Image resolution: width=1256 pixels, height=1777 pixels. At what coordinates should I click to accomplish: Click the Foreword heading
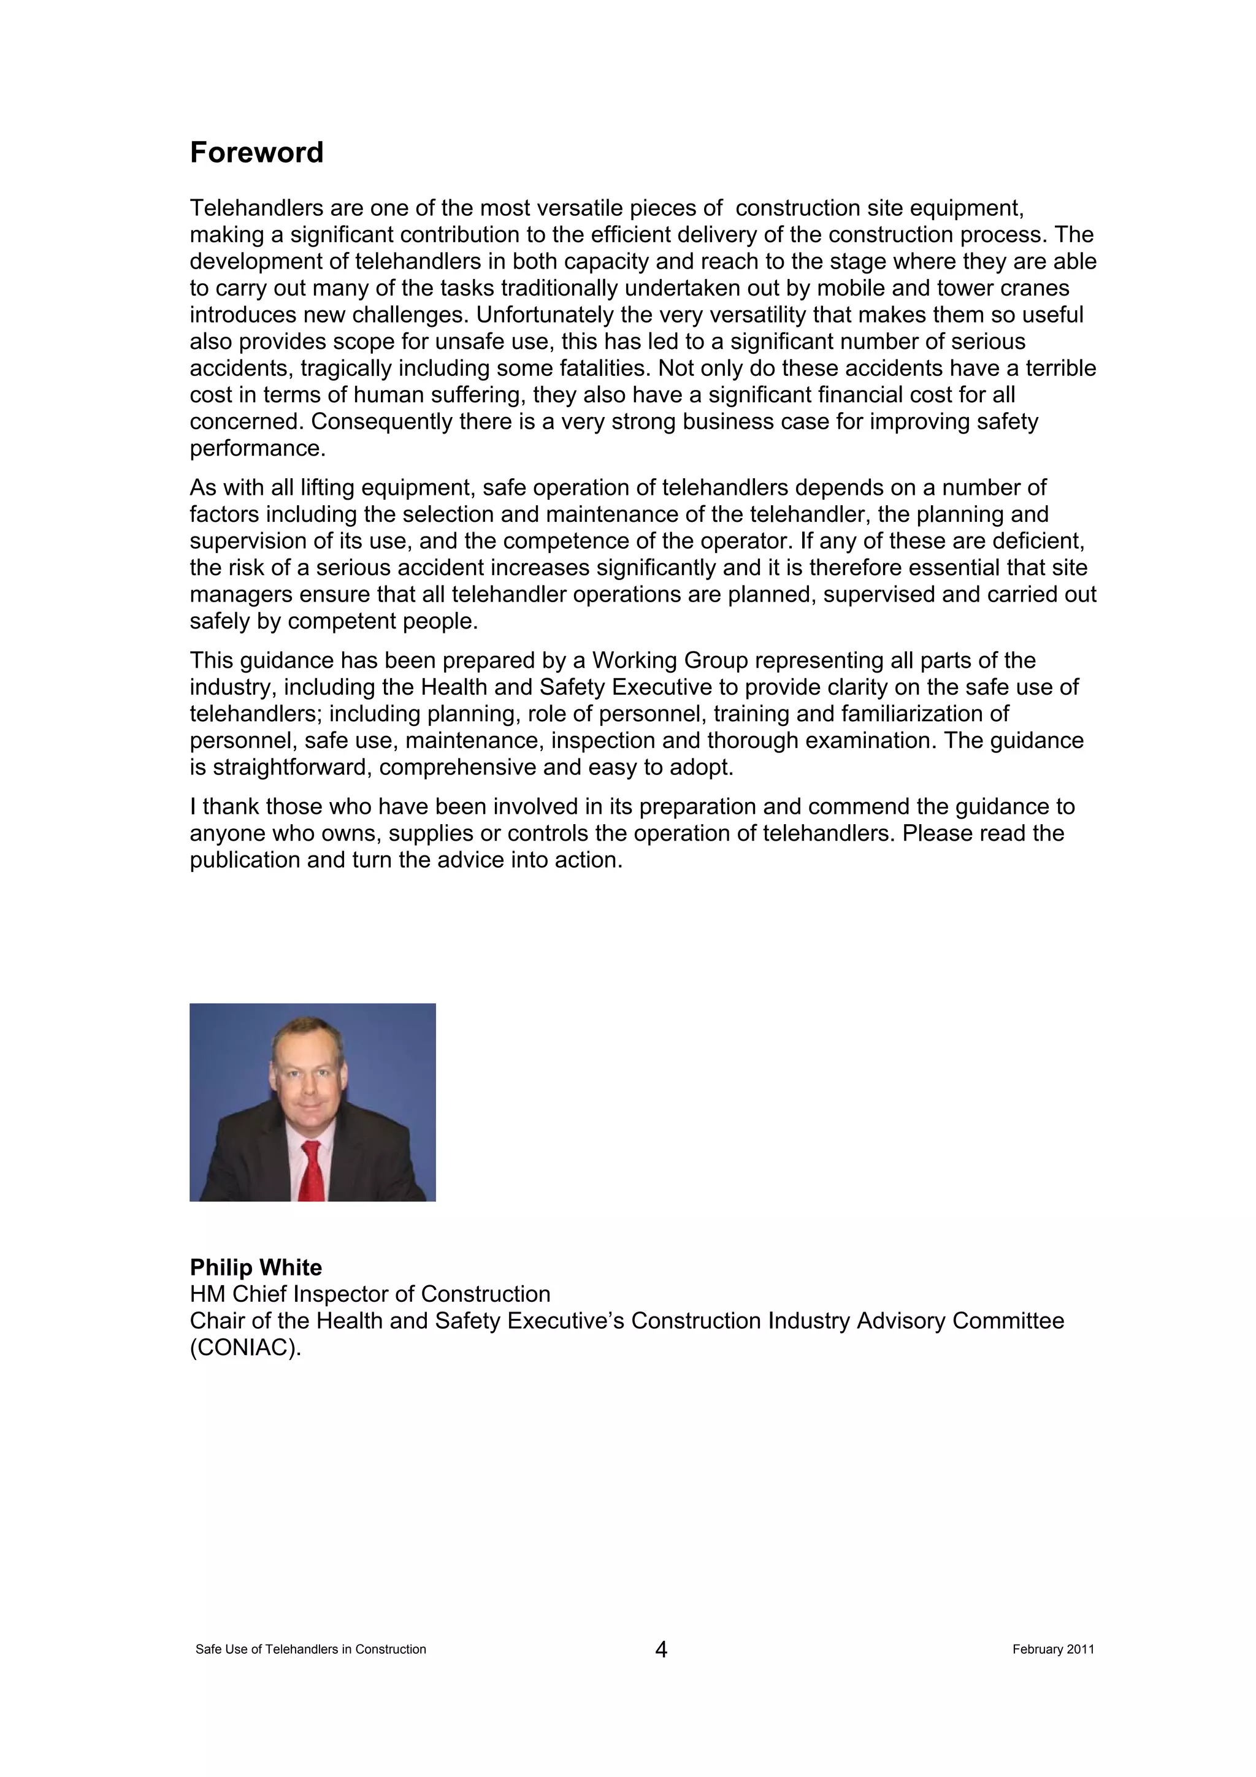click(256, 153)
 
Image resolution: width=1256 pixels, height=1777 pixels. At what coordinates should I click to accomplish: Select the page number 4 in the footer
click(661, 1650)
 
